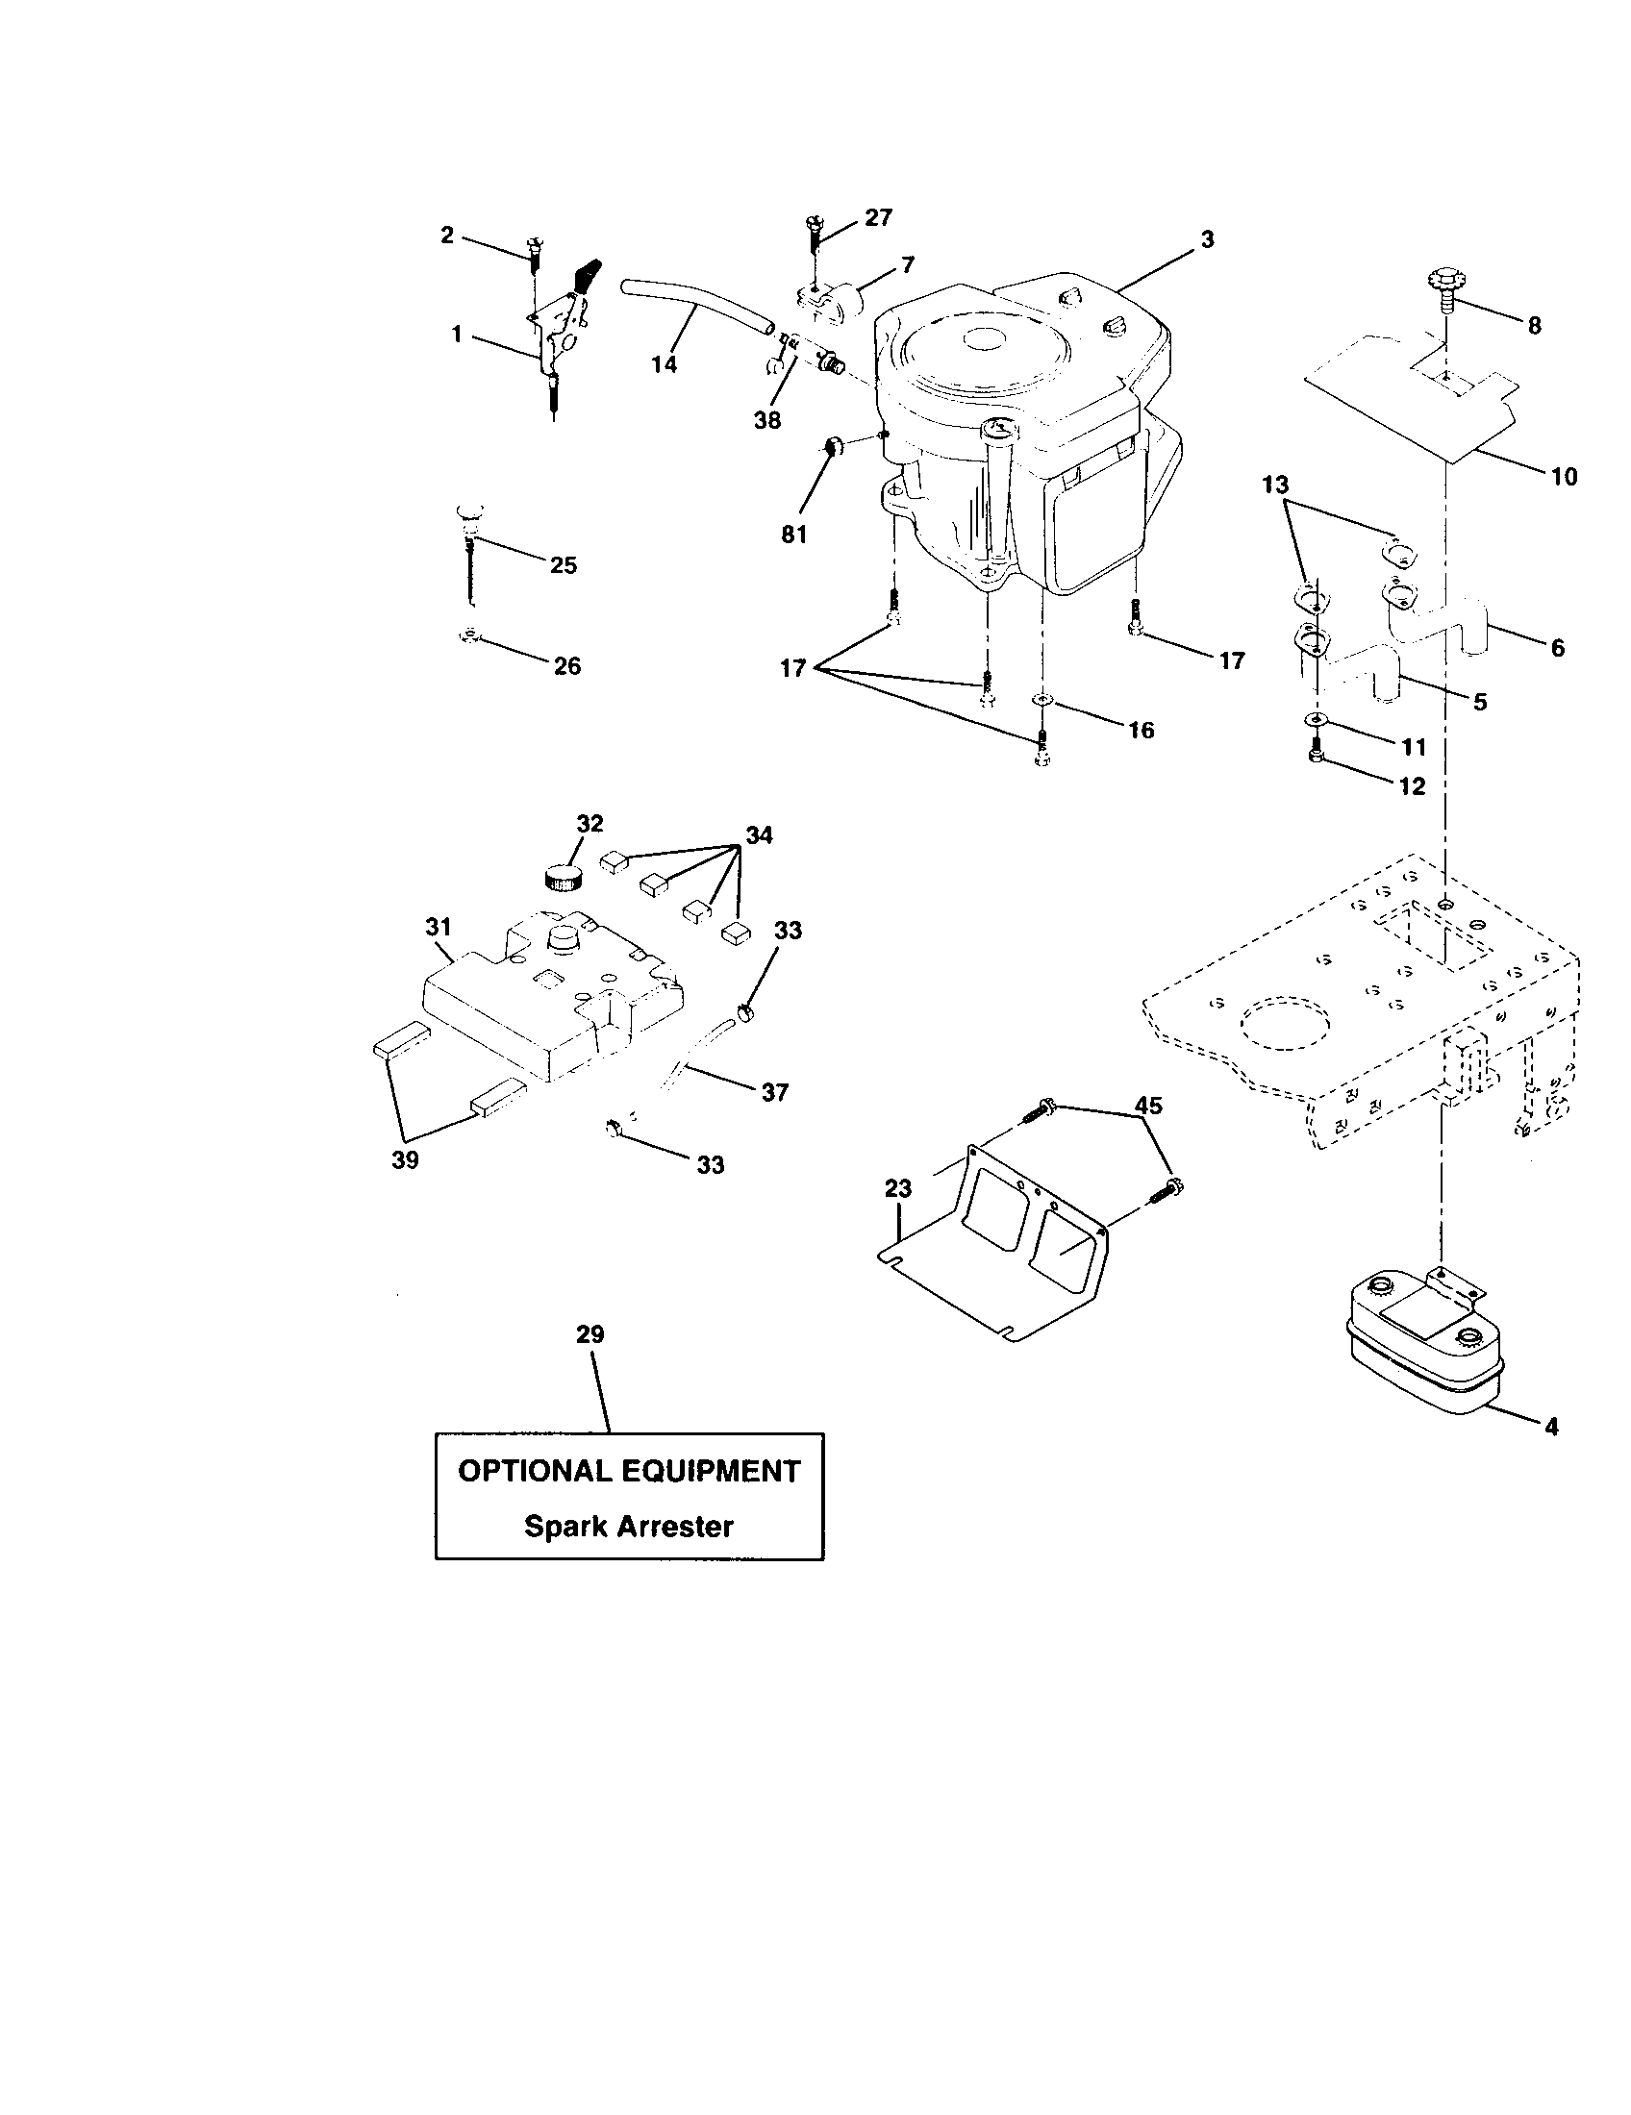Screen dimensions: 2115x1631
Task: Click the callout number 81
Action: coord(793,535)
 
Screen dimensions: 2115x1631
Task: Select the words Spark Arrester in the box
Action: coord(629,1528)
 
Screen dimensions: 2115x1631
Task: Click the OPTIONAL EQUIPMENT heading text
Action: coord(629,1471)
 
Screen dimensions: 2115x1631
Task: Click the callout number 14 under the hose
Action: coord(664,365)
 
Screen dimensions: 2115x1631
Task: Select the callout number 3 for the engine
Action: coord(1207,239)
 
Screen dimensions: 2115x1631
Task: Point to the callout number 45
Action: coord(1147,1105)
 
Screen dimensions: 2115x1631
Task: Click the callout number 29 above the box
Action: coord(590,1334)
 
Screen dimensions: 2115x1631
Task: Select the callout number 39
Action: coord(405,1160)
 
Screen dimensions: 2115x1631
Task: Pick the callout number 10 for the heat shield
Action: coord(1565,477)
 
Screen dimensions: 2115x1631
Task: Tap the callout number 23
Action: coord(898,1189)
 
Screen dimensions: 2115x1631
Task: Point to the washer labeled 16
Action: coord(1041,700)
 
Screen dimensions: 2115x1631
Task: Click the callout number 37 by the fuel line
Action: coord(775,1092)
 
